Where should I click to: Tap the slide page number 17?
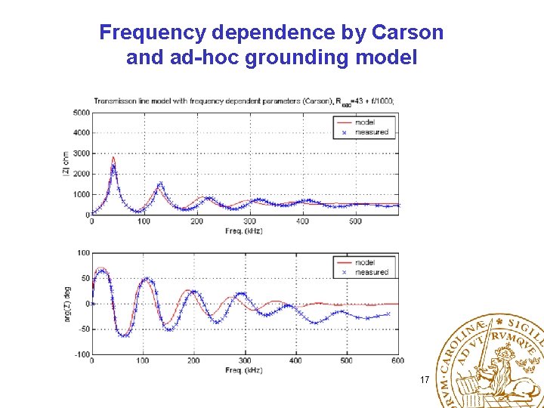425,379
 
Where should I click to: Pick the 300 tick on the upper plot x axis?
250,221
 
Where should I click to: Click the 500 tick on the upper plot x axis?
355,221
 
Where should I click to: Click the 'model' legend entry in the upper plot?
364,122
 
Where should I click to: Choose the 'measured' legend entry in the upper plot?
371,131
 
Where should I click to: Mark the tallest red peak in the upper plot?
113,158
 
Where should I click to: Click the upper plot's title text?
243,101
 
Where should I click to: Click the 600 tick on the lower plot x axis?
397,361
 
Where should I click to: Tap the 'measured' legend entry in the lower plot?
371,272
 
